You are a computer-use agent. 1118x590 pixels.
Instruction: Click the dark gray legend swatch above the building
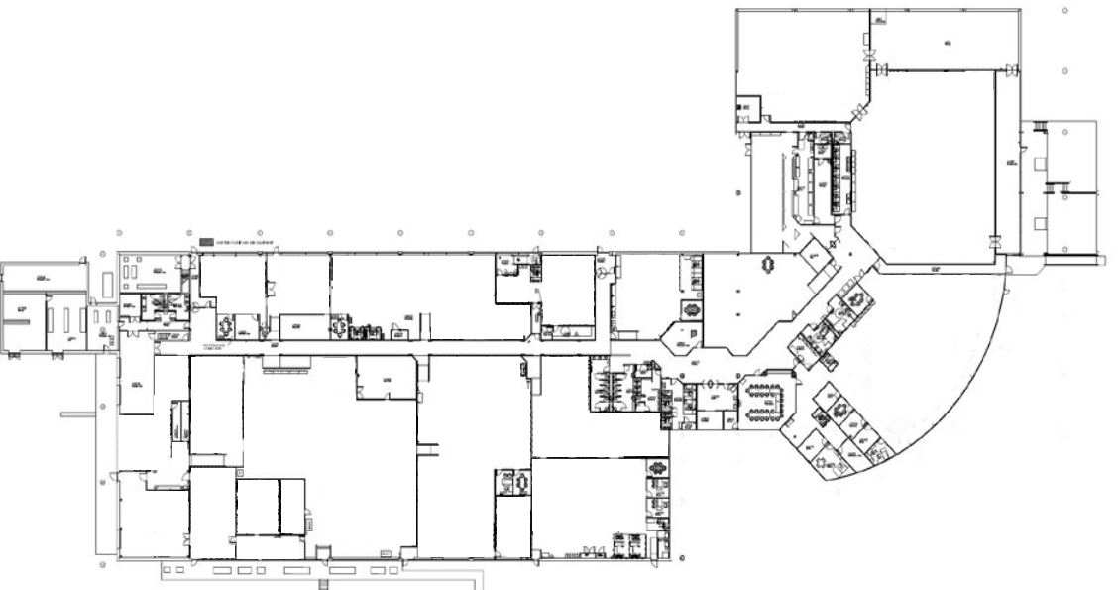pos(205,241)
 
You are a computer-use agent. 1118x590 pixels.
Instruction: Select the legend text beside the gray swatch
pos(244,241)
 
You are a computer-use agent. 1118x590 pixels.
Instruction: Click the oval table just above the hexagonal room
pos(690,308)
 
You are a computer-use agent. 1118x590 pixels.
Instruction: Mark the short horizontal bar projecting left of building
pos(76,413)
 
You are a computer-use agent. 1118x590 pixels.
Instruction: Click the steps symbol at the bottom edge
pos(321,584)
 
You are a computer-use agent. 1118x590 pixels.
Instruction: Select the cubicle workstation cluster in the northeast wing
pos(828,174)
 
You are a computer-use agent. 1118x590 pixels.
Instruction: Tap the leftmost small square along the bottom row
pos(166,571)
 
